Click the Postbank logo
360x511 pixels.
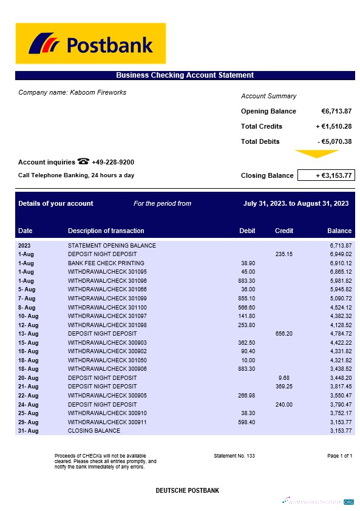90,43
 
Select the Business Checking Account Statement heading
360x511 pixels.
185,75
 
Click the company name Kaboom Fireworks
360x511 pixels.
72,92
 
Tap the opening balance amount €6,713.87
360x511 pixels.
336,111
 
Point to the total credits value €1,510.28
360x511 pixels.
334,126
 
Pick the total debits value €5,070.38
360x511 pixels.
335,141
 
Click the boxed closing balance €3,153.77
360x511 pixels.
326,175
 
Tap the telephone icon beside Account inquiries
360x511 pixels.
83,161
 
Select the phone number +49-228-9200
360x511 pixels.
113,162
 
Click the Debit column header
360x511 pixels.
247,231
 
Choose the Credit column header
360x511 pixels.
284,231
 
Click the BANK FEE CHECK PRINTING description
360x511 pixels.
103,263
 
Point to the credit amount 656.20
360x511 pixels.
284,333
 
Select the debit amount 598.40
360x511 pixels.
247,422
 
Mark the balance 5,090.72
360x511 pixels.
341,299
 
